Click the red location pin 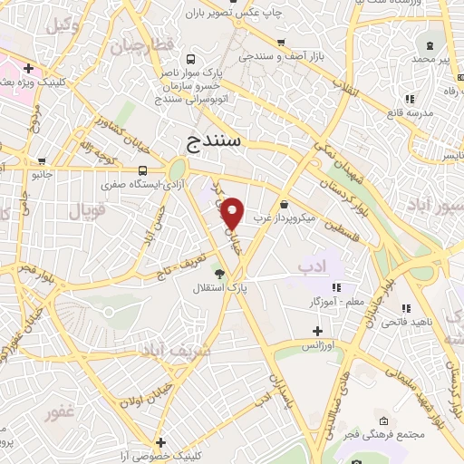pos(233,213)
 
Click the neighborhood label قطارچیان pos(141,45)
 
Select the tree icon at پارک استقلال pos(219,273)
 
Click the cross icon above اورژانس pos(316,331)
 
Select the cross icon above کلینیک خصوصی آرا pos(160,442)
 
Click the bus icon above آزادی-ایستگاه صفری pos(142,169)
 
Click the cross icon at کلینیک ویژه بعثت pos(29,68)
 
